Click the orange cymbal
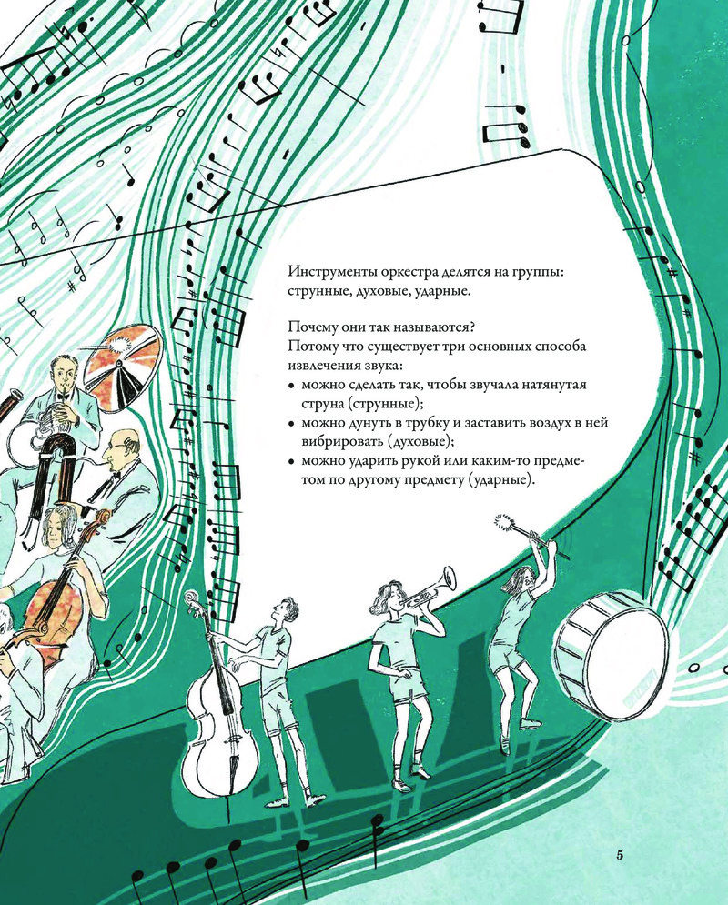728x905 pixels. (x=121, y=367)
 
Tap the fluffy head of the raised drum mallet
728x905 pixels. (x=506, y=524)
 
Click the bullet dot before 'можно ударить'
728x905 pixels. (x=291, y=461)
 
